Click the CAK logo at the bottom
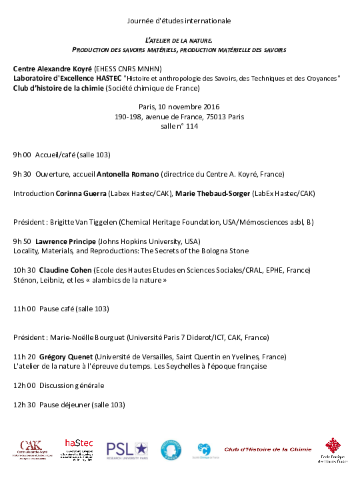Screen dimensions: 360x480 pos(30,449)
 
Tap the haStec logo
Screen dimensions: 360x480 pos(79,448)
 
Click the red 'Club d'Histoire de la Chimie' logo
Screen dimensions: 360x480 pos(267,449)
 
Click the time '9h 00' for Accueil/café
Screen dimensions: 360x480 pos(22,155)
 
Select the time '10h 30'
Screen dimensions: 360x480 pos(24,270)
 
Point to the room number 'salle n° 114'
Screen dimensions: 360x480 pos(179,126)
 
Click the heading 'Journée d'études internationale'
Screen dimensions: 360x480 pos(179,21)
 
